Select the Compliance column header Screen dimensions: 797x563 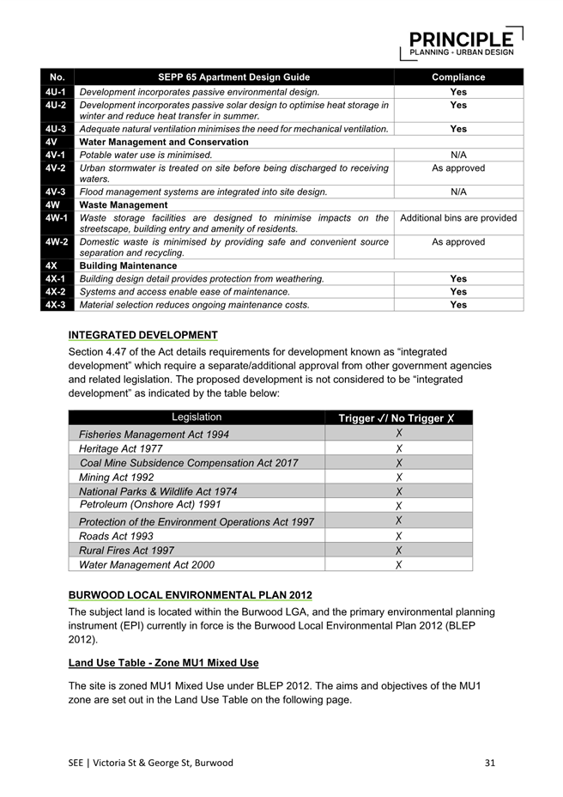tap(458, 77)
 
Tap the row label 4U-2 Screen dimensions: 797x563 tap(58, 105)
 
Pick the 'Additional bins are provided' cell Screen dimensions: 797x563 tap(458, 218)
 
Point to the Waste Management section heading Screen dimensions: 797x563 tap(124, 205)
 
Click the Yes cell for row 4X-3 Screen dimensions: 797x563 tap(458, 304)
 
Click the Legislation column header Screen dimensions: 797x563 tap(197, 417)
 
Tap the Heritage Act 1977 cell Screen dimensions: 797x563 tap(120, 448)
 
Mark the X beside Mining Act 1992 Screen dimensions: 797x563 tap(399, 478)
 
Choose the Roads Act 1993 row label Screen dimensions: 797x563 tap(116, 536)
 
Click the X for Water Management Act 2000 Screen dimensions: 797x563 tap(399, 565)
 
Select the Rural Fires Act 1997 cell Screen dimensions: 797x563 tap(126, 551)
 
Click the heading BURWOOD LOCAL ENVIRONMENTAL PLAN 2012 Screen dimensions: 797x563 tap(190, 595)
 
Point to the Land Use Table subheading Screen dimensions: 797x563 tap(163, 663)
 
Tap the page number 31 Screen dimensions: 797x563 tap(490, 763)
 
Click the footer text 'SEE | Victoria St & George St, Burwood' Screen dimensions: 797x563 tap(150, 763)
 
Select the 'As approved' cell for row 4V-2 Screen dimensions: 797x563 tap(458, 168)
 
